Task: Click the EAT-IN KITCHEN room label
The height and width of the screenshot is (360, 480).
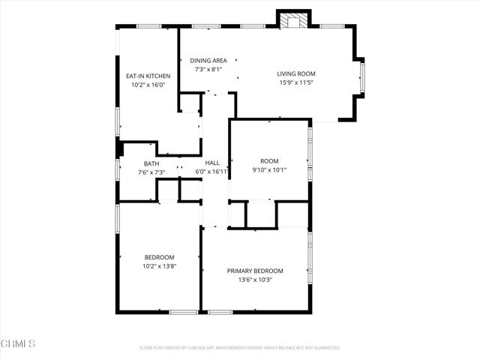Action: coord(148,76)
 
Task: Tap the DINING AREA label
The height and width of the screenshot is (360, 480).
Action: coord(208,61)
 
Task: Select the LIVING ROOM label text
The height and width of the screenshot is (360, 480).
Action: coord(296,73)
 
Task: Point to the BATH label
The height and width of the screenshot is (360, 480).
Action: coord(151,163)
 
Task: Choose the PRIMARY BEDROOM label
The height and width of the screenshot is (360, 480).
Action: coord(255,271)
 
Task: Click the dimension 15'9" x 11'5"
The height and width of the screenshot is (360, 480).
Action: coord(296,83)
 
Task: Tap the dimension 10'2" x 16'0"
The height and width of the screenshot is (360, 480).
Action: coord(148,85)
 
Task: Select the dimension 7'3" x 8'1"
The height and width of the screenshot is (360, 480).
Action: coord(208,70)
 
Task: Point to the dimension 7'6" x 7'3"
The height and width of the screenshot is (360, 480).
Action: coord(151,172)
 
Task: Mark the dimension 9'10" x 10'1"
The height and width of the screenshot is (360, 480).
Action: coord(269,169)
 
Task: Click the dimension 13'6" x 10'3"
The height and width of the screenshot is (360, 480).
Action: coord(255,280)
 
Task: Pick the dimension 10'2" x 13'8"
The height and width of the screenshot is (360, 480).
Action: coord(159,266)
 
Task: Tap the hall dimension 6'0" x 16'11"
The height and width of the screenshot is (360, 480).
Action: coord(212,172)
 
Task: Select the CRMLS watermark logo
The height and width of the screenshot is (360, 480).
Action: coord(18,344)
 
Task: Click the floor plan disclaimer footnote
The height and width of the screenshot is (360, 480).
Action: coord(240,348)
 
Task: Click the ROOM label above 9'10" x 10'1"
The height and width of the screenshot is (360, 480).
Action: coord(269,160)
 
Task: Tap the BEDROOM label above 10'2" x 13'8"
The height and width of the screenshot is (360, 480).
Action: coord(159,257)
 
